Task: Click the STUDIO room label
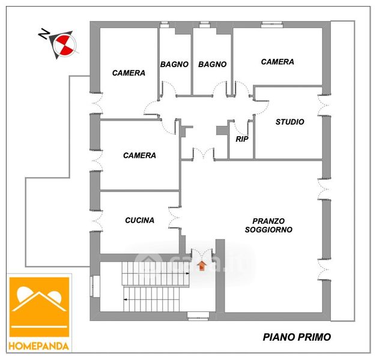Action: pos(290,122)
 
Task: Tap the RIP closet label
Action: pos(242,139)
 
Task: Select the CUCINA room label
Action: pos(139,220)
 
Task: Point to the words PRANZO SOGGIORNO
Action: pos(268,225)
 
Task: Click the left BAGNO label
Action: pos(174,64)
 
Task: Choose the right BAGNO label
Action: pos(212,64)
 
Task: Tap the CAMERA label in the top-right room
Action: pos(277,62)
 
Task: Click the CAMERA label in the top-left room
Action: pos(129,73)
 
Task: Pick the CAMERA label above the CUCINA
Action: pos(139,155)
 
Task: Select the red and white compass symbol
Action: pos(62,44)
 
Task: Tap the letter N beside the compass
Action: pos(44,35)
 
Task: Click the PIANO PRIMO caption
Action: pos(297,337)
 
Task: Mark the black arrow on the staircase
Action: pos(126,298)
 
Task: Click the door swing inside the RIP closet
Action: pos(241,127)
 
